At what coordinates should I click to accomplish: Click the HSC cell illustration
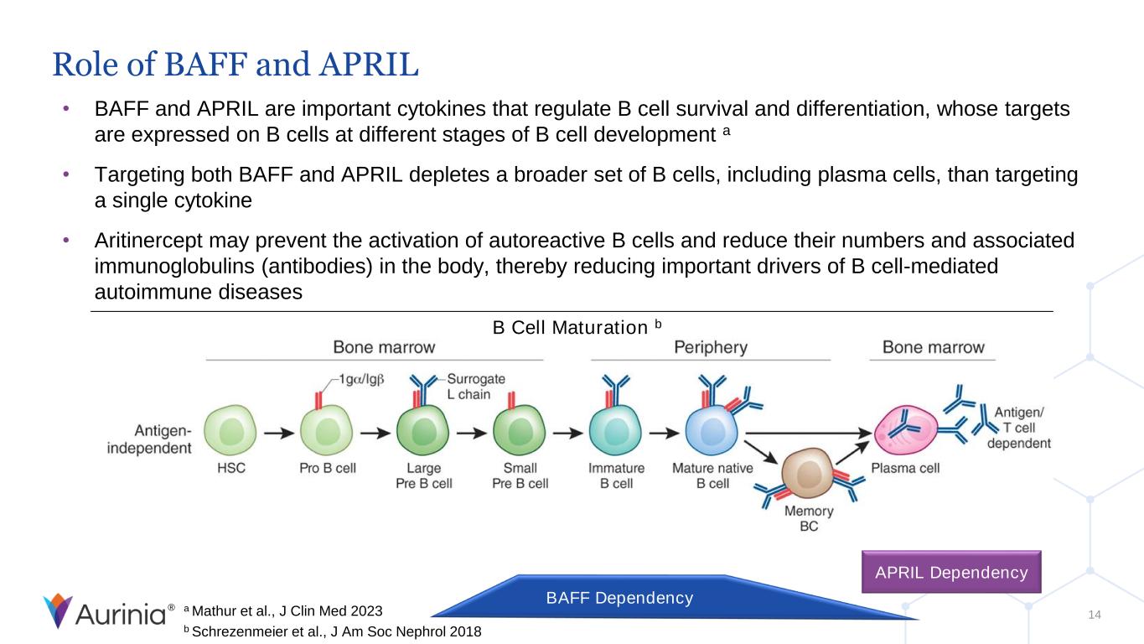click(230, 430)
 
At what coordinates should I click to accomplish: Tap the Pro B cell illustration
click(327, 430)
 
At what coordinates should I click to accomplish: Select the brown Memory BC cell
click(807, 473)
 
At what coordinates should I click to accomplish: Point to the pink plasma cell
click(905, 430)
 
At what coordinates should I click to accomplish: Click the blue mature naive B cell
click(712, 430)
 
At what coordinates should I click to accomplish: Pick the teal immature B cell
click(615, 430)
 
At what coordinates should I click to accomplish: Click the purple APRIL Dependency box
click(951, 572)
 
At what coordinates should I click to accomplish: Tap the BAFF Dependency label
click(619, 598)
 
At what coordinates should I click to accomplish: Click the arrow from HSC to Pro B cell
click(279, 434)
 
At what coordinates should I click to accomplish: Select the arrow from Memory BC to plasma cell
click(852, 453)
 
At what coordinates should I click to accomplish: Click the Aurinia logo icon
click(58, 610)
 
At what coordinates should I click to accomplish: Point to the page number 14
click(1095, 615)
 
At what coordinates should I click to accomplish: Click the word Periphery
click(711, 347)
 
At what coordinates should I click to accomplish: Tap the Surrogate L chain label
click(475, 387)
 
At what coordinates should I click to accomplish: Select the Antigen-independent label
click(149, 439)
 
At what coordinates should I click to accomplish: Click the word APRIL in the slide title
click(369, 65)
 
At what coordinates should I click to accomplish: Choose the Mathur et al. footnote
click(283, 610)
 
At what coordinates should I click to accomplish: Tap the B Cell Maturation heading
click(577, 327)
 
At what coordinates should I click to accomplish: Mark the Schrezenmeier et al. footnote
click(333, 631)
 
